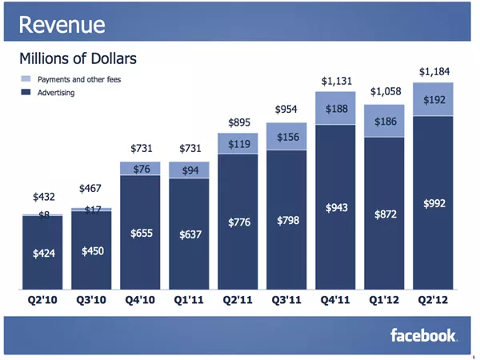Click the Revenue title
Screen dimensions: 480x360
62,25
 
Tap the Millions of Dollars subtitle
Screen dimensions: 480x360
78,58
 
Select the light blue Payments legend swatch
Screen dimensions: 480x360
26,78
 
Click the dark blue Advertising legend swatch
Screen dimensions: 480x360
26,92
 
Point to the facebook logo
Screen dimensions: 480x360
424,335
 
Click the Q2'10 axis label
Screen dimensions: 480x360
42,300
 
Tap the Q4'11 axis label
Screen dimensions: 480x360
335,300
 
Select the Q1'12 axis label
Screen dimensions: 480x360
384,300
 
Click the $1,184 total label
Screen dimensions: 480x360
434,72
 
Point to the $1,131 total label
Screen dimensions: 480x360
337,81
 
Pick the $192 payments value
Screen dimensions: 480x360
434,100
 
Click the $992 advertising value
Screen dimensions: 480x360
434,203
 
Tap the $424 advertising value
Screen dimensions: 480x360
44,254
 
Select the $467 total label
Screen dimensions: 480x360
90,188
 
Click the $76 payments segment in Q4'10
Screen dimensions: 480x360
140,168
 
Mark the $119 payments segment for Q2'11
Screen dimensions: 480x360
238,143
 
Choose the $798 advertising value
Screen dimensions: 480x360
288,221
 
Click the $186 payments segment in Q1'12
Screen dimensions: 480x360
384,121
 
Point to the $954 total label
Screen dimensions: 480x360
286,110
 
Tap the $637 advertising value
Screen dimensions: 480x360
190,234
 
